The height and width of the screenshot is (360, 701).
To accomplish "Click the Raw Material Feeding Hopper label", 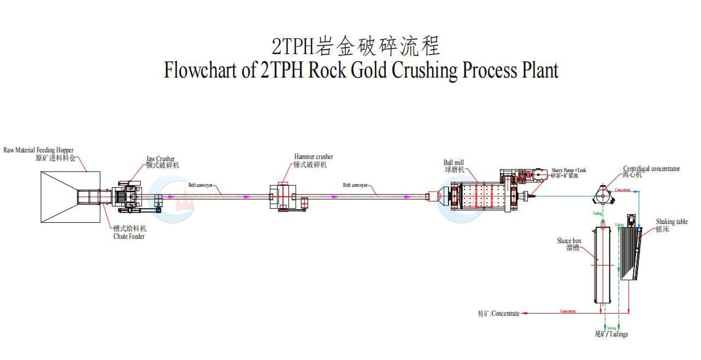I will [39, 150].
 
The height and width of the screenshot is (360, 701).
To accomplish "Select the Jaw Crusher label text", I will [161, 159].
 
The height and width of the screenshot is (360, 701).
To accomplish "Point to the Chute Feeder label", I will [129, 236].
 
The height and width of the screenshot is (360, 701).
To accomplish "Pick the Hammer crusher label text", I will [313, 157].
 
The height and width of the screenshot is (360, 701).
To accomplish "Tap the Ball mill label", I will [455, 163].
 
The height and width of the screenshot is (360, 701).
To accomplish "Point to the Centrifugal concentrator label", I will [651, 169].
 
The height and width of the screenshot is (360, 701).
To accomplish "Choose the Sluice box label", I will [569, 241].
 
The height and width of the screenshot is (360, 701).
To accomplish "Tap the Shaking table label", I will [671, 222].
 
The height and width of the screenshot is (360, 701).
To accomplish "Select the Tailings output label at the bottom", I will [611, 334].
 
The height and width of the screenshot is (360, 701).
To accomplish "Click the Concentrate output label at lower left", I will [498, 314].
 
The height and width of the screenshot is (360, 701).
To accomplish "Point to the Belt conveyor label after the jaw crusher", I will [201, 185].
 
